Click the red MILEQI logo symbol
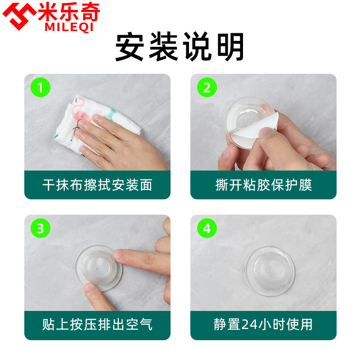(x=21, y=15)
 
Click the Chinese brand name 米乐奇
(x=68, y=12)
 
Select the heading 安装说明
(x=180, y=47)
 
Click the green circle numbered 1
(x=40, y=87)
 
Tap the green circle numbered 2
(x=207, y=87)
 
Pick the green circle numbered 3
(x=40, y=228)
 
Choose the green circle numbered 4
(x=207, y=228)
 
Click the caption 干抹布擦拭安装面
(x=97, y=185)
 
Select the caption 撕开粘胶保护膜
(x=263, y=185)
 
